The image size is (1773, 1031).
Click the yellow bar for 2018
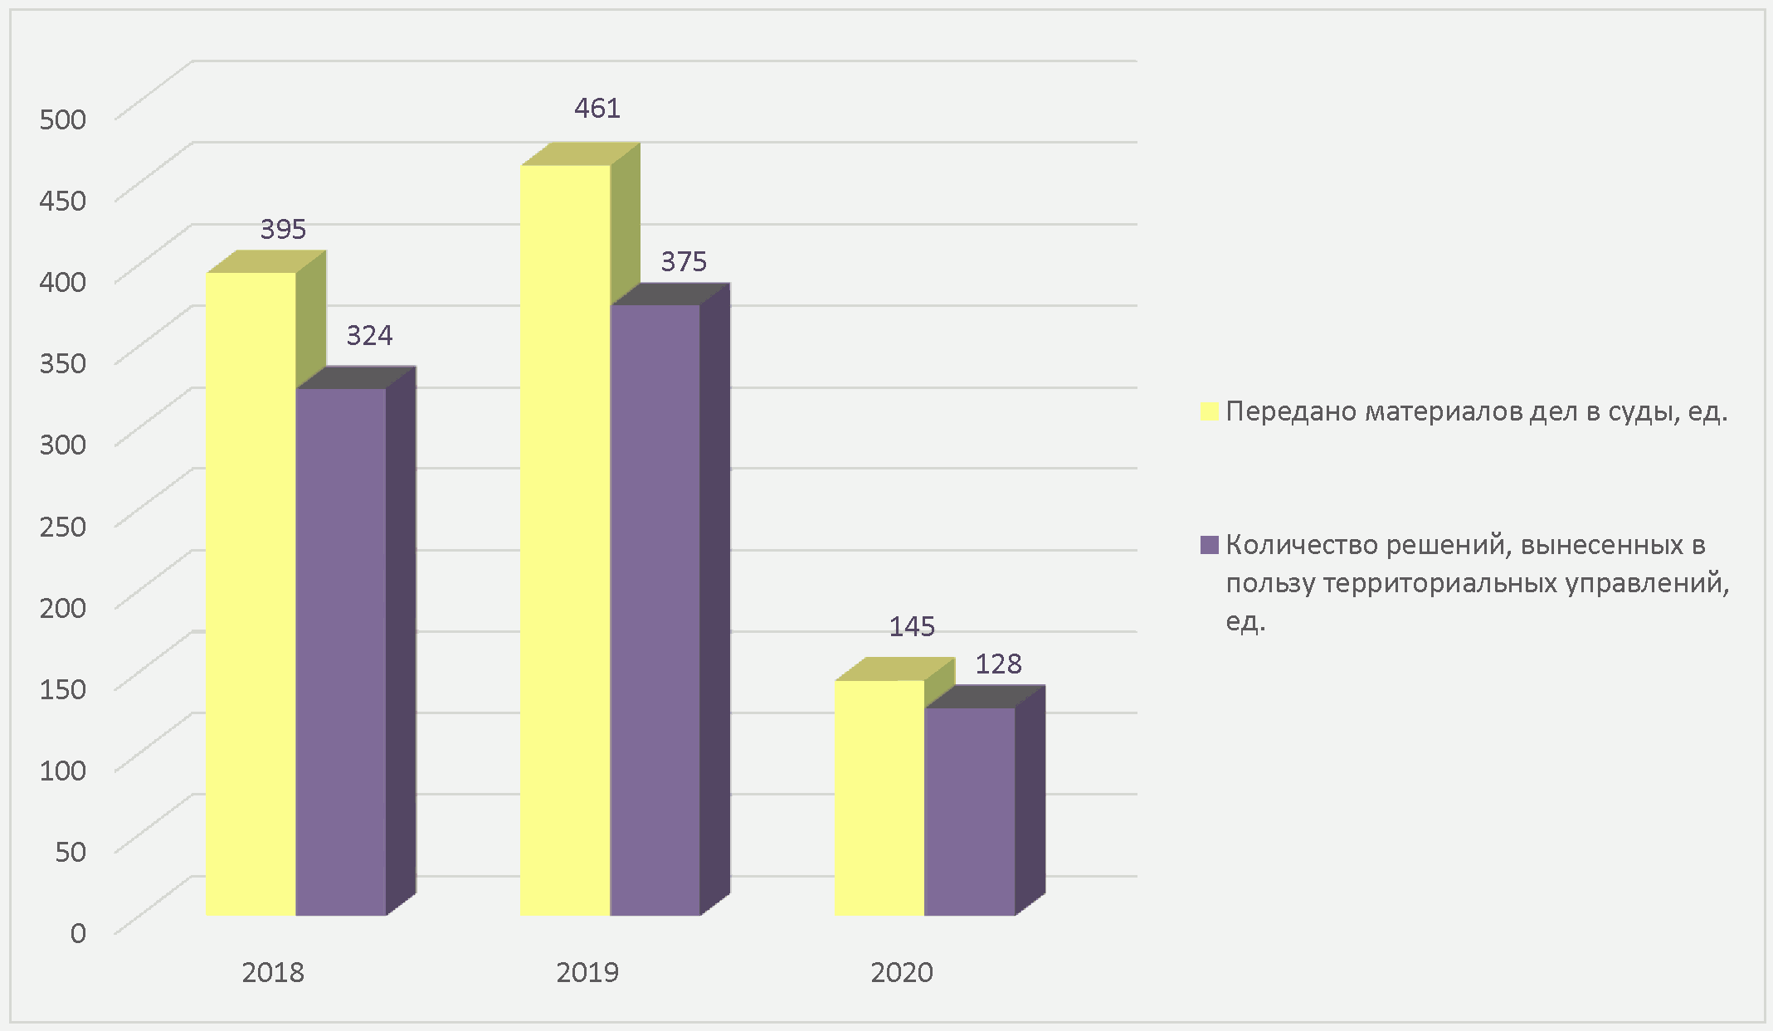pyautogui.click(x=251, y=593)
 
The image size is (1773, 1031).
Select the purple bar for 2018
pyautogui.click(x=340, y=651)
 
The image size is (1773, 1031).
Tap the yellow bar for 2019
pyautogui.click(x=565, y=539)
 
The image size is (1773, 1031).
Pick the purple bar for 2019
pyautogui.click(x=655, y=610)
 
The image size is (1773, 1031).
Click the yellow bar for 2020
pyautogui.click(x=879, y=798)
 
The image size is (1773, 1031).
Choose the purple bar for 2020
pyautogui.click(x=969, y=811)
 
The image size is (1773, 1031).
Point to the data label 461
pyautogui.click(x=597, y=109)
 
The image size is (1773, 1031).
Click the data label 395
pyautogui.click(x=283, y=230)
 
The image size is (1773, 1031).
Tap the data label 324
pyautogui.click(x=369, y=336)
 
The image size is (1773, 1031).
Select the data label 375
pyautogui.click(x=684, y=262)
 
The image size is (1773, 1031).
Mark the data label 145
pyautogui.click(x=912, y=627)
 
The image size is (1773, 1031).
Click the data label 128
pyautogui.click(x=998, y=664)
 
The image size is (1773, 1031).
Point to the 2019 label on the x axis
pyautogui.click(x=587, y=972)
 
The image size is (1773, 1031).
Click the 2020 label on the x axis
pyautogui.click(x=902, y=972)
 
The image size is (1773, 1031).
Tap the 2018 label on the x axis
pyautogui.click(x=273, y=972)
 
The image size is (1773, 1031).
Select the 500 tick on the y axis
pyautogui.click(x=63, y=119)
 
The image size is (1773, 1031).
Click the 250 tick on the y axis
pyautogui.click(x=63, y=526)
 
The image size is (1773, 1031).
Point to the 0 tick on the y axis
pyautogui.click(x=78, y=933)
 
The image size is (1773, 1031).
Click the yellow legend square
pyautogui.click(x=1210, y=412)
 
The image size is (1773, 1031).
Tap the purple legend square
pyautogui.click(x=1210, y=545)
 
